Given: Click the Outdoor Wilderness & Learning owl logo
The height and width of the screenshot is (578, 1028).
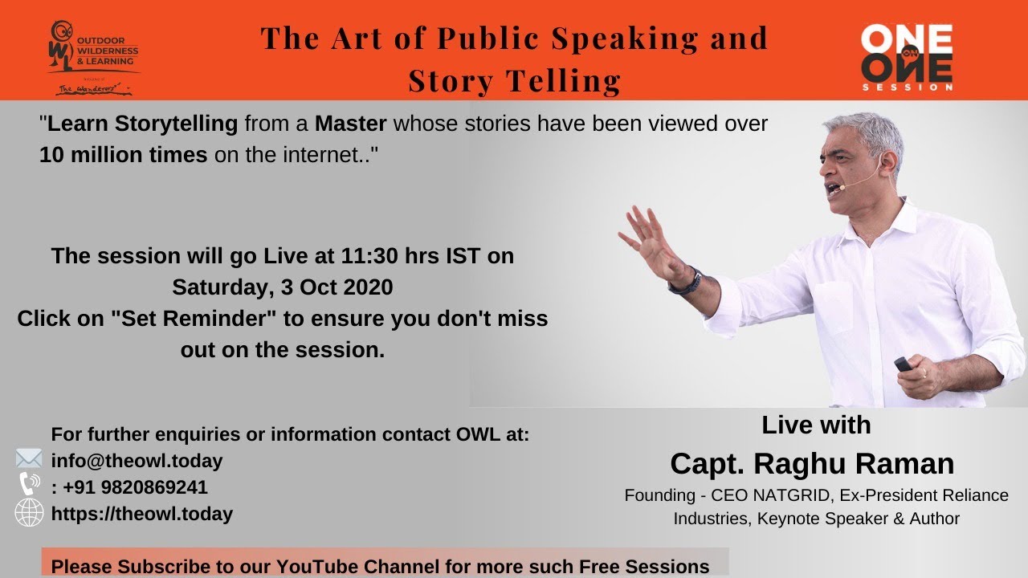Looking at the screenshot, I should (x=93, y=56).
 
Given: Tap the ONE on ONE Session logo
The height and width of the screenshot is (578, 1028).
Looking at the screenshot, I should (x=906, y=56).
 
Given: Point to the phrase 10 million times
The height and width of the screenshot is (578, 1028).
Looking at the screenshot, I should (x=123, y=155).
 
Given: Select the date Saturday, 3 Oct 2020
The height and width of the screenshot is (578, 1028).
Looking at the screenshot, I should (x=282, y=287).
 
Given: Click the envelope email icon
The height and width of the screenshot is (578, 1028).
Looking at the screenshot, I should (x=29, y=459).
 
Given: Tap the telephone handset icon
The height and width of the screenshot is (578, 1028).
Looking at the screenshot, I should (x=29, y=484).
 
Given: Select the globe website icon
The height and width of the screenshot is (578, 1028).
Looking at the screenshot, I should (x=29, y=513).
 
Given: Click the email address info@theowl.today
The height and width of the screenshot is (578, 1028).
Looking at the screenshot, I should (x=137, y=461).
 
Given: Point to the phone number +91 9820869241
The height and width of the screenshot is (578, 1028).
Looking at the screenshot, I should (x=135, y=487).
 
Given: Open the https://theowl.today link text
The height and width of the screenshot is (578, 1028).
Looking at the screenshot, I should (x=142, y=514).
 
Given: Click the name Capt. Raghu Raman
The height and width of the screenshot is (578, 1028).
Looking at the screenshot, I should (x=812, y=463).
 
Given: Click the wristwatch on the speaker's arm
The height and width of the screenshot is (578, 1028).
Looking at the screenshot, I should (x=687, y=282).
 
